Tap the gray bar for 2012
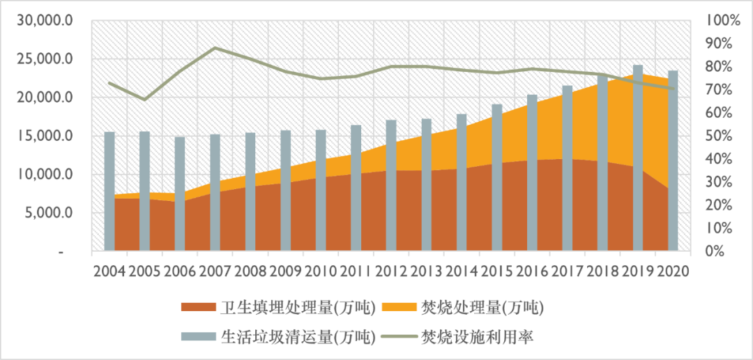(x=391, y=186)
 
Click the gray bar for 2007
(x=215, y=193)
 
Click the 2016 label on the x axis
(x=532, y=270)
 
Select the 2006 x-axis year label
(x=179, y=270)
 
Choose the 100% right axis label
(x=719, y=20)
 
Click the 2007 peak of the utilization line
(x=215, y=48)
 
